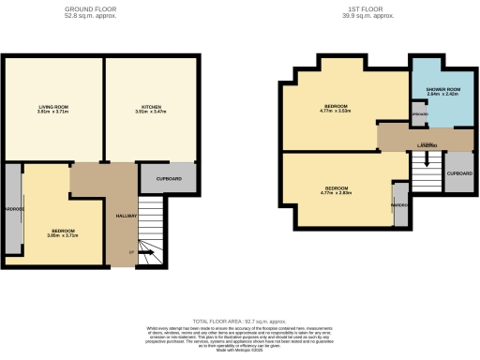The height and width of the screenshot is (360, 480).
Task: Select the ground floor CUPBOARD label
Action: [x=169, y=178]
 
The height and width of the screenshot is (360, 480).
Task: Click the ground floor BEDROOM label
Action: [x=64, y=230]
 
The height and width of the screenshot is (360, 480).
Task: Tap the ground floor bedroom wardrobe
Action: [x=12, y=208]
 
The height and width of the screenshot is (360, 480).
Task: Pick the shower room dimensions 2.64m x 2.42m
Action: [x=441, y=95]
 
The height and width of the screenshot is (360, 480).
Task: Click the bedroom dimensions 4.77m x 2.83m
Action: [x=335, y=192]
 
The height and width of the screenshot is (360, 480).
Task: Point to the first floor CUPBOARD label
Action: [x=458, y=173]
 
